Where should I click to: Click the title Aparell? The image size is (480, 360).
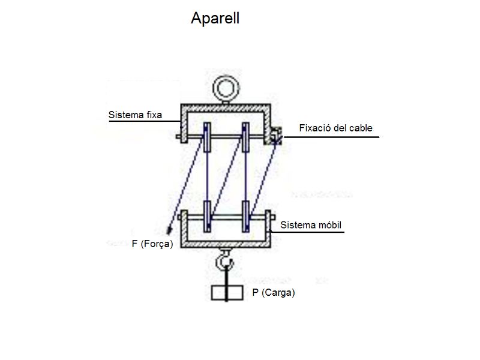click(215, 19)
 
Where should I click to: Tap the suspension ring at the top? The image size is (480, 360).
click(227, 89)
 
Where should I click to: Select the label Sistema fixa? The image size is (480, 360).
click(135, 115)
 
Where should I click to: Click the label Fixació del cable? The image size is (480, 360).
click(336, 128)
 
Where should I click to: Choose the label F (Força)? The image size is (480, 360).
click(152, 244)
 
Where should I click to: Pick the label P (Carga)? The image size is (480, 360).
click(274, 293)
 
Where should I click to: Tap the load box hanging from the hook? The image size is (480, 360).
click(227, 293)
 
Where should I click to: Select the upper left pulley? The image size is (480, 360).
click(207, 137)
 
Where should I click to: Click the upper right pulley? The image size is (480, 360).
click(245, 137)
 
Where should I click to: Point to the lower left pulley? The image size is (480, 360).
click(207, 217)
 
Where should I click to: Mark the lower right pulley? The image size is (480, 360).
click(245, 217)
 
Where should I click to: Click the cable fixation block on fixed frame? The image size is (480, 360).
click(275, 136)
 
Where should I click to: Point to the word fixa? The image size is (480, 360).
click(153, 115)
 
